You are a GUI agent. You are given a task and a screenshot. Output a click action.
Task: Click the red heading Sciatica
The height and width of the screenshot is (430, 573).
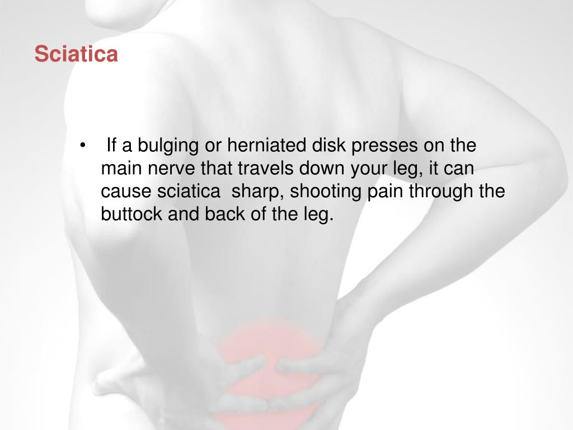tap(76, 54)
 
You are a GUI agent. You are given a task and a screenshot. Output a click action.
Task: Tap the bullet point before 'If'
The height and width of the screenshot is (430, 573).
tap(83, 146)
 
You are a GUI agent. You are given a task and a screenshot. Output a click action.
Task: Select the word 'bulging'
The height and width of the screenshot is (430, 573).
tap(168, 146)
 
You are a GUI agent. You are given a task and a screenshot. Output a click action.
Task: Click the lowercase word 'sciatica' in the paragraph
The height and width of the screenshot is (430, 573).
tap(189, 191)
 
